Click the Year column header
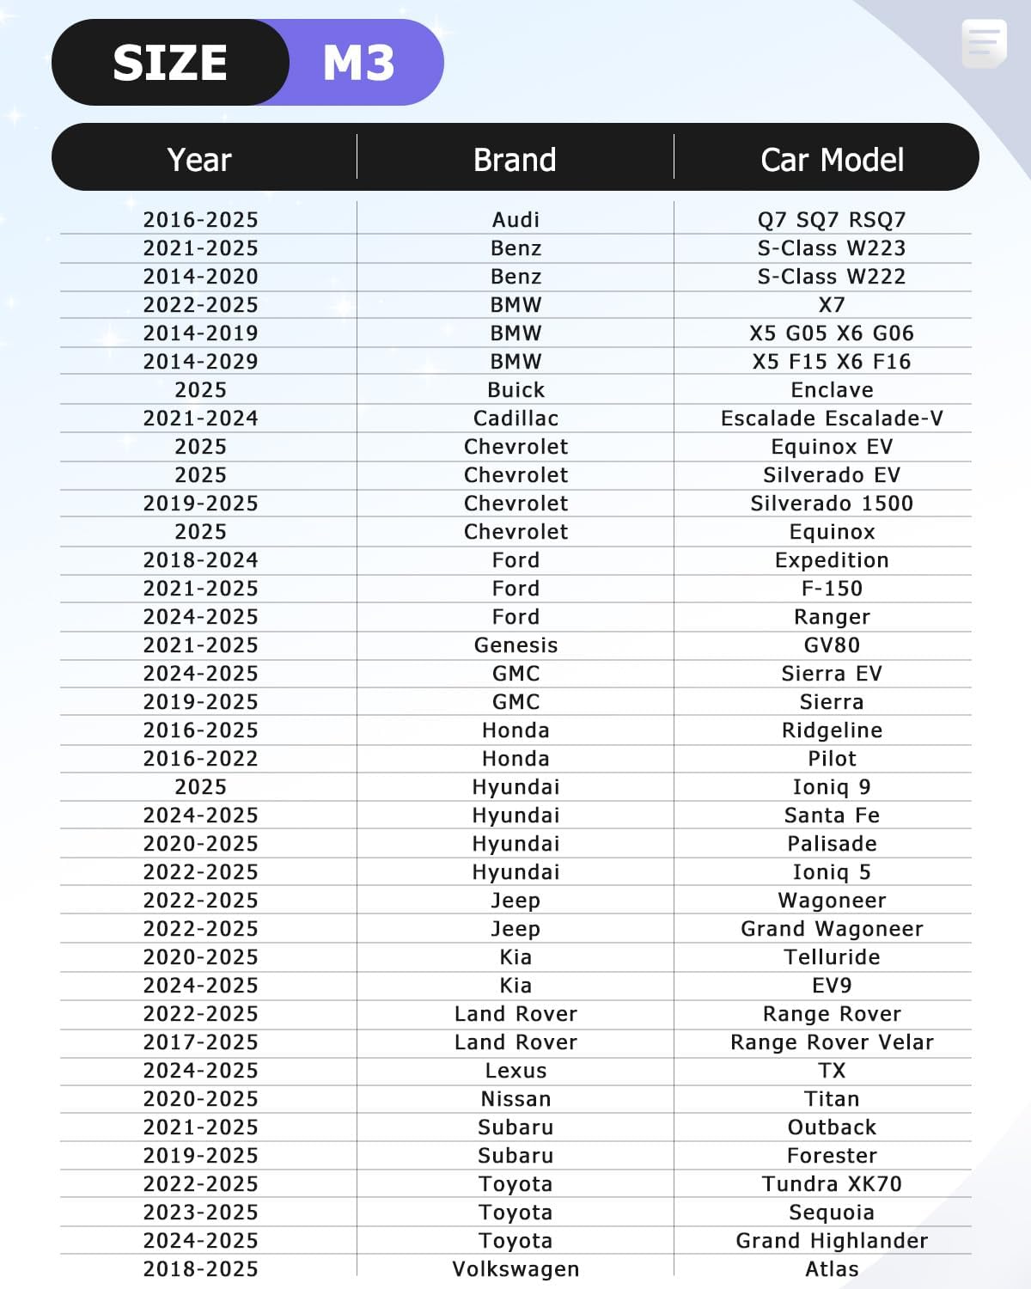point(199,160)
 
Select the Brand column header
point(515,160)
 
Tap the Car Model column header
point(832,160)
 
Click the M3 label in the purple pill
point(358,63)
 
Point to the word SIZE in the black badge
point(170,63)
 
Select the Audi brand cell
point(515,219)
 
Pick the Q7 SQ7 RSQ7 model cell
point(832,219)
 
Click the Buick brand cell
point(515,389)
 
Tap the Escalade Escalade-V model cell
point(832,418)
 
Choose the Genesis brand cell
point(515,644)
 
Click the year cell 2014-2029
point(200,361)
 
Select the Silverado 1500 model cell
point(832,503)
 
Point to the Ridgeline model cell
point(832,730)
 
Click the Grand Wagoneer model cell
point(832,928)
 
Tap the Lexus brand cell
point(515,1070)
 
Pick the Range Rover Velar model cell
point(832,1042)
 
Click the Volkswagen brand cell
point(515,1268)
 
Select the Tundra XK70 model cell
point(832,1183)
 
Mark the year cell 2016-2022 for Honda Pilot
point(200,758)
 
